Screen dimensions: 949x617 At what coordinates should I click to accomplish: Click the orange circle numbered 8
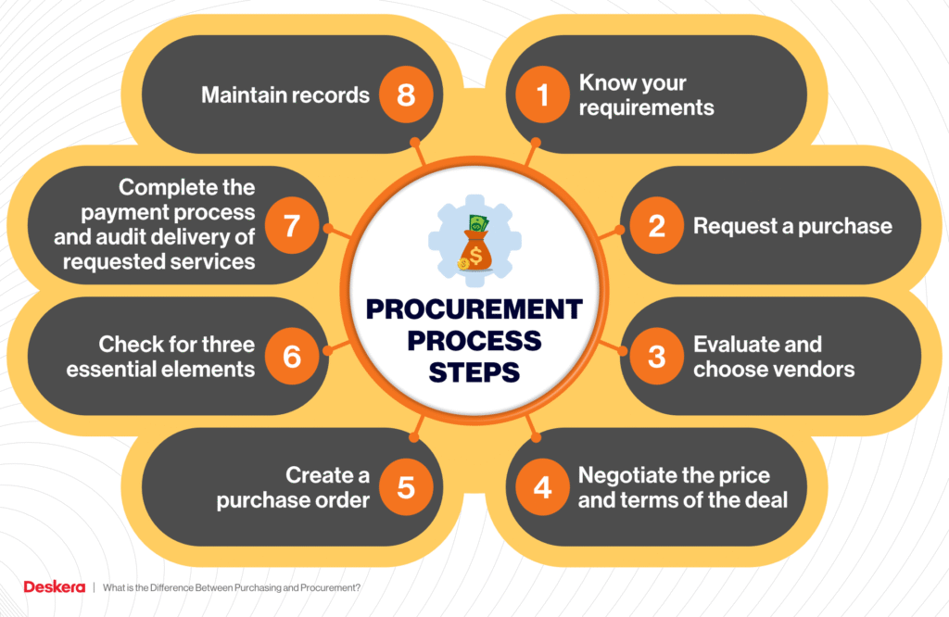(x=406, y=95)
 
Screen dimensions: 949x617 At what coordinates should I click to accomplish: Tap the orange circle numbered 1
(x=542, y=95)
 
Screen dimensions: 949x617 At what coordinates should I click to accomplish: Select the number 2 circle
(x=657, y=226)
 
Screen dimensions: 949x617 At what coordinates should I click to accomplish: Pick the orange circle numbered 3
(x=657, y=357)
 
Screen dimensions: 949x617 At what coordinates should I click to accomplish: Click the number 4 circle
(x=542, y=487)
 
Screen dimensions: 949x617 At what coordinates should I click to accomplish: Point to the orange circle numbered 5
(x=406, y=487)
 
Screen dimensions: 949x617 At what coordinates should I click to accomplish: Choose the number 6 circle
(x=292, y=357)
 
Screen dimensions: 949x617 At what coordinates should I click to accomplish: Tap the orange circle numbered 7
(x=292, y=226)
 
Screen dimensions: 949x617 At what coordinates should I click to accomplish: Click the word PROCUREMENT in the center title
(x=474, y=309)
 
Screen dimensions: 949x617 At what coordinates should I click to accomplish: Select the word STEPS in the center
(x=474, y=372)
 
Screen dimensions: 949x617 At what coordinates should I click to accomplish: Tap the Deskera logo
(x=55, y=586)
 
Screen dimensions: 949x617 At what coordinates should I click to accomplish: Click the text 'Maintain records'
(x=285, y=95)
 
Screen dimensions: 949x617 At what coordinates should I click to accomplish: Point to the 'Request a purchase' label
(x=793, y=226)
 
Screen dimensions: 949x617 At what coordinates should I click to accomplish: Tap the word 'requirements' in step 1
(x=646, y=107)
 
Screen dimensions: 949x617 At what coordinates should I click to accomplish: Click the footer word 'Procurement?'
(x=331, y=587)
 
